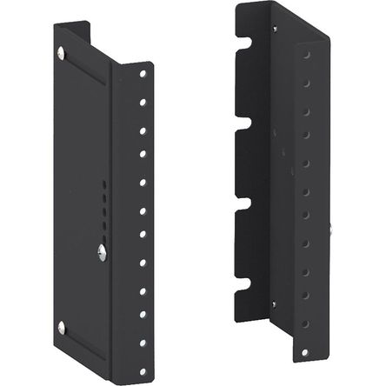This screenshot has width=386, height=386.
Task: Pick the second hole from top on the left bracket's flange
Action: click(141, 103)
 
